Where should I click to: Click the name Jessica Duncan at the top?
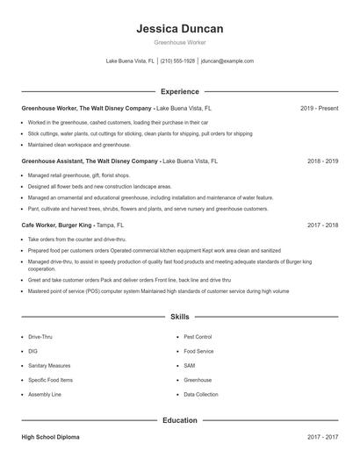[180, 29]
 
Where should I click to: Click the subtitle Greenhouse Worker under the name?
[180, 43]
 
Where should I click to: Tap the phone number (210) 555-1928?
[178, 61]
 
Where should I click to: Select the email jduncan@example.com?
[227, 61]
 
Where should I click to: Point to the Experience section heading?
[180, 91]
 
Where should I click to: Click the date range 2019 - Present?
[319, 108]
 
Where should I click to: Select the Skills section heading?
[180, 316]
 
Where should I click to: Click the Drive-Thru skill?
[40, 337]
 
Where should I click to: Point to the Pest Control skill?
[198, 337]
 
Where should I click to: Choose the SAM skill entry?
[189, 366]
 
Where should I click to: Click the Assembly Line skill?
[45, 395]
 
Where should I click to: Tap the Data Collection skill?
[201, 395]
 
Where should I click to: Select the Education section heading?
[180, 420]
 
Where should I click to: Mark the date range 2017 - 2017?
[322, 436]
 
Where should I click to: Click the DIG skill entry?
[32, 351]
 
